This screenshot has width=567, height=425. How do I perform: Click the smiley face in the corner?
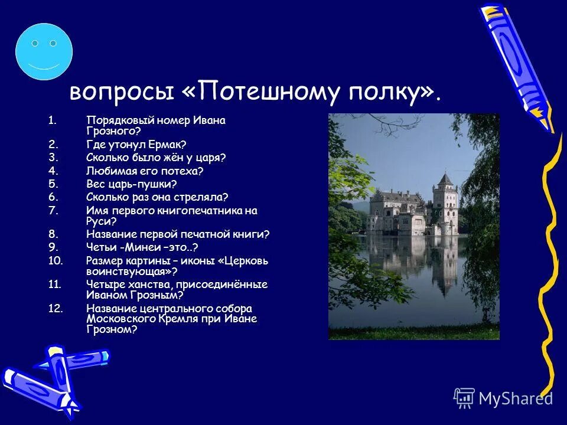click(x=44, y=51)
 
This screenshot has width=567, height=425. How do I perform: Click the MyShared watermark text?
click(x=515, y=398)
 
